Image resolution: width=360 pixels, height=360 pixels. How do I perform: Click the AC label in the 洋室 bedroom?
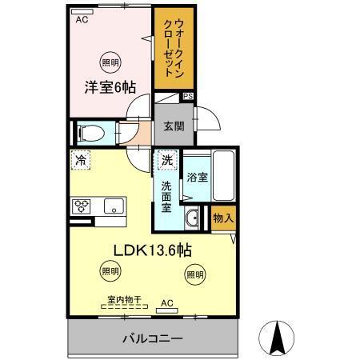click(81, 22)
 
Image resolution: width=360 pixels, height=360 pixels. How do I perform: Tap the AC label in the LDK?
click(166, 302)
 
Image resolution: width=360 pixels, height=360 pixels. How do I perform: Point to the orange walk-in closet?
click(173, 50)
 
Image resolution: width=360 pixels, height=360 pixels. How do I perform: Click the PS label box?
click(188, 96)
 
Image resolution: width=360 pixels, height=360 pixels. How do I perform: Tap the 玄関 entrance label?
click(175, 126)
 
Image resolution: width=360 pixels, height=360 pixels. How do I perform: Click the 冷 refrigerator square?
click(81, 161)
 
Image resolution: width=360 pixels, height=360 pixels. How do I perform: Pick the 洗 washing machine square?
click(166, 161)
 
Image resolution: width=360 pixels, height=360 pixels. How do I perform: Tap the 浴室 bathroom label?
click(198, 177)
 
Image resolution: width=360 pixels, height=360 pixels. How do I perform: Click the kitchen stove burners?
click(82, 206)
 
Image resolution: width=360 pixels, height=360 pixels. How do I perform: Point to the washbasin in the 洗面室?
click(193, 218)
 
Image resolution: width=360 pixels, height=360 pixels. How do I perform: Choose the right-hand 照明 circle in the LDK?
click(194, 274)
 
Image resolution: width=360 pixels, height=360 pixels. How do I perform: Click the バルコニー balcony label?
click(151, 338)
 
